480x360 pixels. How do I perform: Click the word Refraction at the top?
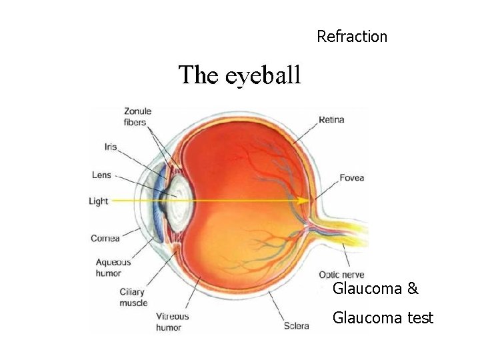point(352,37)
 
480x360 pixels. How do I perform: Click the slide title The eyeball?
point(239,75)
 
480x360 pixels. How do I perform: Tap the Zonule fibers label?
point(137,117)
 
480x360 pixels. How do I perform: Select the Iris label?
point(111,147)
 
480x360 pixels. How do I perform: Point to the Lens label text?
point(101,175)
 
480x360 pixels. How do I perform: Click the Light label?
point(98,201)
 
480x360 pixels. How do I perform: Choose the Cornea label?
point(105,238)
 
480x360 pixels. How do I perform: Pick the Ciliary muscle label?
point(133,297)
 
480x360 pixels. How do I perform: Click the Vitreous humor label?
point(173,322)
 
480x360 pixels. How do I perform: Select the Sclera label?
point(296,326)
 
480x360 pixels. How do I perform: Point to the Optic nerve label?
point(341,275)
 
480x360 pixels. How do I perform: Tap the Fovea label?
point(351,178)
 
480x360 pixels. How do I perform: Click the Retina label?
point(331,120)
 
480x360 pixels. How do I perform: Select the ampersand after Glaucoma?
point(413,289)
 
